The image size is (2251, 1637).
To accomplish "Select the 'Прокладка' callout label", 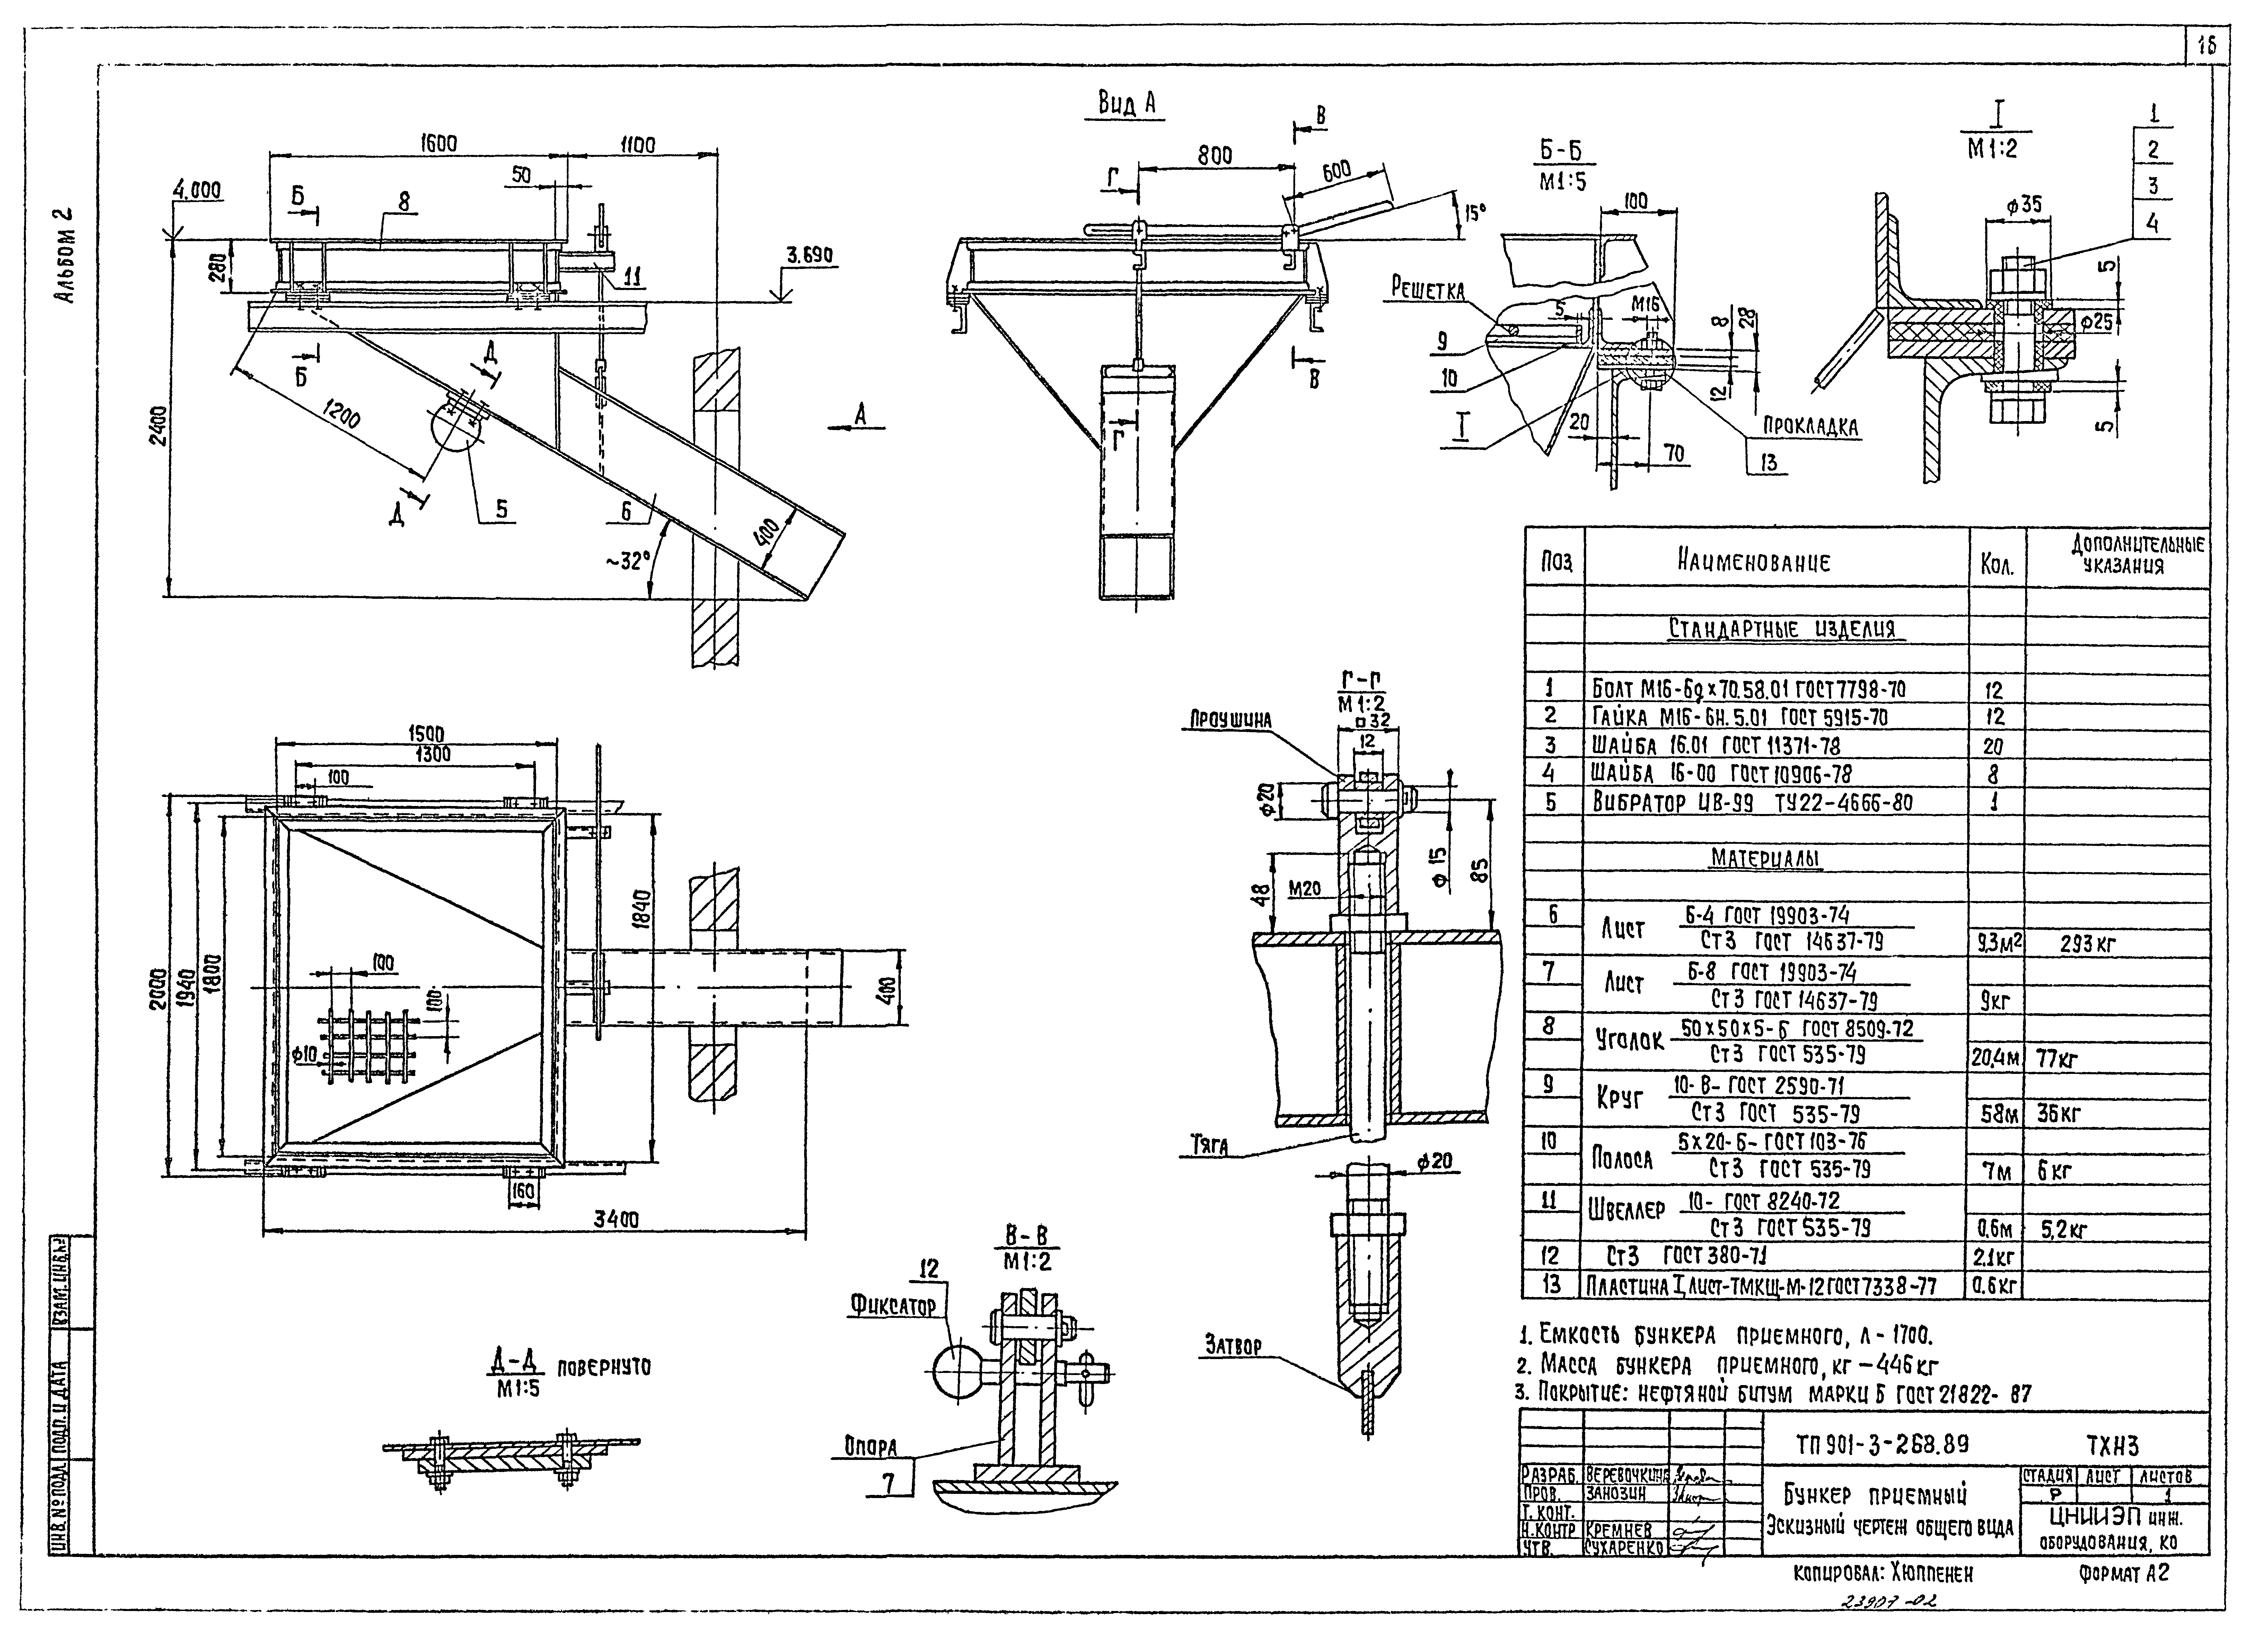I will (1810, 427).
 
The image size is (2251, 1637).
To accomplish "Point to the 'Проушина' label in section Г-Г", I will (1231, 720).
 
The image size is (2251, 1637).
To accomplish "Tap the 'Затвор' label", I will (1234, 1345).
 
